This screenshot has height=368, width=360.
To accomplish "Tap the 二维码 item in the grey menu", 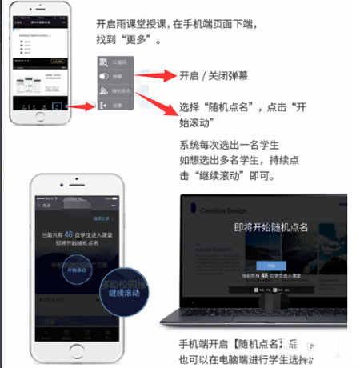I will [x=118, y=63].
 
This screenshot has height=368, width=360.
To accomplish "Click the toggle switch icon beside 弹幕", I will [x=103, y=78].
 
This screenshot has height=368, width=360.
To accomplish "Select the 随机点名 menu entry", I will [x=118, y=92].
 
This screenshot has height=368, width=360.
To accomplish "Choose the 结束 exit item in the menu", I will [x=117, y=105].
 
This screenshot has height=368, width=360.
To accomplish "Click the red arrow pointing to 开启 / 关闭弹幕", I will [x=160, y=76].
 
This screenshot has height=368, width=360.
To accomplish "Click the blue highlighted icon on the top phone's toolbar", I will [x=57, y=104].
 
